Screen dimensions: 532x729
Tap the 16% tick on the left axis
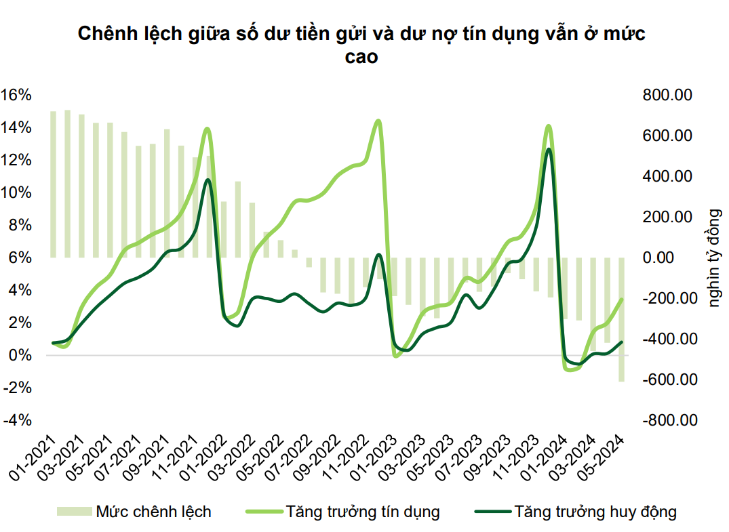coord(17,95)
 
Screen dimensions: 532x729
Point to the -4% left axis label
coord(17,420)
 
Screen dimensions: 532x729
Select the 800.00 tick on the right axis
coord(665,95)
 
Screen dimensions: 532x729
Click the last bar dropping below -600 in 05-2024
coord(621,319)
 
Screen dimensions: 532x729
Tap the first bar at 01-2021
coord(53,184)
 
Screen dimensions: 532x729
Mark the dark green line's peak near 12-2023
coord(548,149)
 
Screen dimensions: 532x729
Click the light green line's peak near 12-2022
coord(378,121)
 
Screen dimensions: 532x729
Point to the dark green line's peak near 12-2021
coord(208,180)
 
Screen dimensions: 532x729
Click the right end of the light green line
coord(621,299)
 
